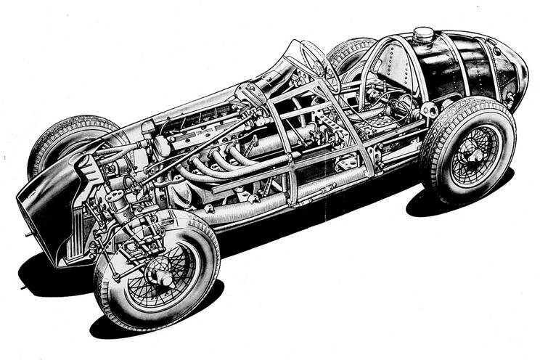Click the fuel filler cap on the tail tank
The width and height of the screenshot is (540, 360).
click(x=423, y=33)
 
